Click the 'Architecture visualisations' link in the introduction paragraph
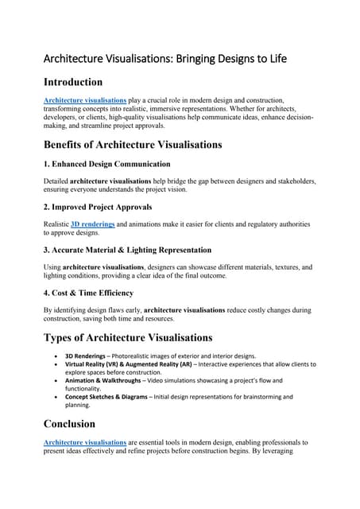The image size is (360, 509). (x=85, y=101)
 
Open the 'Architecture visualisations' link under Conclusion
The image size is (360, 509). (x=85, y=441)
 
